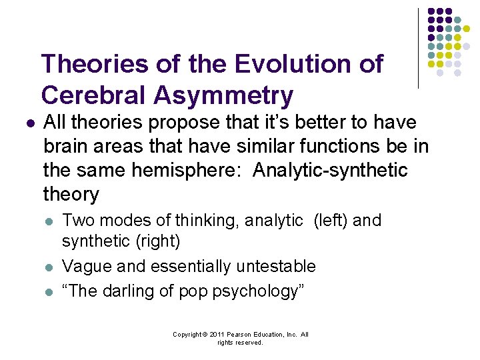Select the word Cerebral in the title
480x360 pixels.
point(92,95)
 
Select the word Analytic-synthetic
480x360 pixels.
point(331,171)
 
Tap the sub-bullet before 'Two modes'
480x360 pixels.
point(47,221)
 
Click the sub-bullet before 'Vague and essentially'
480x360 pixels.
point(47,267)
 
